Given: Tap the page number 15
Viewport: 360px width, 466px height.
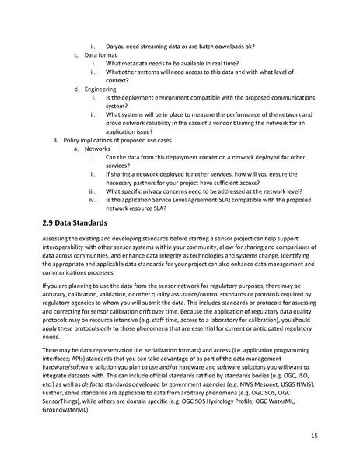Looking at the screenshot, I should tap(313, 435).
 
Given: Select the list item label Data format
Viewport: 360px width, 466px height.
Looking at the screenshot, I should tap(100, 55).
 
